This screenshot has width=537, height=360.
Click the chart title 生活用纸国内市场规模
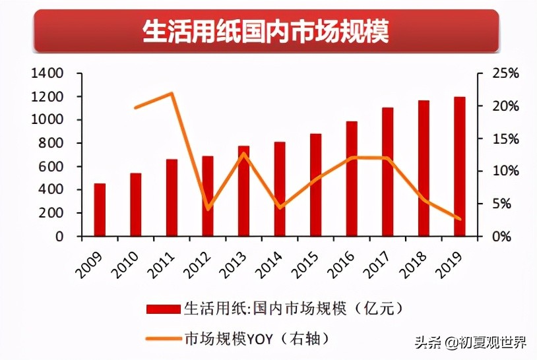[266, 31]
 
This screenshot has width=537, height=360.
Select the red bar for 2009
[100, 210]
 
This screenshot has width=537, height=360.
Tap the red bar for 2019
[459, 166]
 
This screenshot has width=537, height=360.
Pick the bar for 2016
[352, 179]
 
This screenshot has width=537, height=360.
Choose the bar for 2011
[172, 197]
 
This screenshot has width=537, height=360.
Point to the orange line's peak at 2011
[172, 93]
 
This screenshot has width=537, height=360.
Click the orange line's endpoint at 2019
[459, 219]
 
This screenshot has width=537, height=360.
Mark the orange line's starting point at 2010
[135, 107]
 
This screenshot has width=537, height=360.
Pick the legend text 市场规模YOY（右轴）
[256, 339]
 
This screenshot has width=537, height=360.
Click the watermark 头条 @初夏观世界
[470, 343]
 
